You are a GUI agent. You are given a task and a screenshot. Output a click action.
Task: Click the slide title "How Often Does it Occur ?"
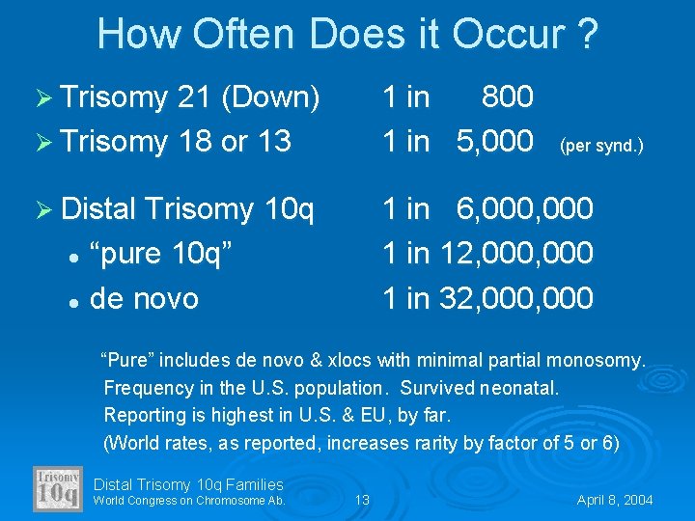(x=347, y=34)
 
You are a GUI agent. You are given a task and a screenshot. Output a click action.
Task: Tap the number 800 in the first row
(x=507, y=96)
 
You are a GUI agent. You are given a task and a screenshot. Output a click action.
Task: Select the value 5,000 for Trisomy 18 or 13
(x=495, y=141)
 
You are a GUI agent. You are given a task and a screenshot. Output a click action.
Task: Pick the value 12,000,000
(x=516, y=253)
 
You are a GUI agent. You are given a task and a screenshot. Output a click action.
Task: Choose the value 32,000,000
(x=516, y=298)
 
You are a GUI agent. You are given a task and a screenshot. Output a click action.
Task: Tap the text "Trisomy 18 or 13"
(x=175, y=141)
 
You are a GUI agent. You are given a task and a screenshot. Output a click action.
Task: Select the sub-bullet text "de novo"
(x=144, y=298)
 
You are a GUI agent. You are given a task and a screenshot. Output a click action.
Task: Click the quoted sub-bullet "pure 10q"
(x=161, y=253)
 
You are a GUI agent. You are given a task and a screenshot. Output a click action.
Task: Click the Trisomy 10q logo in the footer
(x=58, y=489)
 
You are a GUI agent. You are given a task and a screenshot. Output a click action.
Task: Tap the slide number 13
(x=362, y=500)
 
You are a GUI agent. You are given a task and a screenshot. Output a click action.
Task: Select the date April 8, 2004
(x=615, y=500)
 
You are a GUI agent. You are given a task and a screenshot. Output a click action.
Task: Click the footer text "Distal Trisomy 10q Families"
(x=188, y=484)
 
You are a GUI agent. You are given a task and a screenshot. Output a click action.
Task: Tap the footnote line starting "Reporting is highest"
(x=277, y=415)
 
